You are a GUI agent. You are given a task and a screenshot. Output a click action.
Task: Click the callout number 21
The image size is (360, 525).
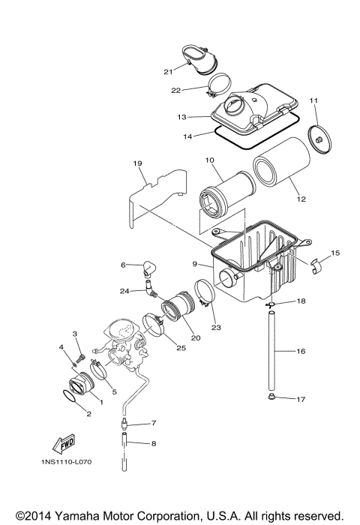(x=169, y=71)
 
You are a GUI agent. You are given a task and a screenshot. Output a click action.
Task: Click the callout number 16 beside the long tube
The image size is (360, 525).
(x=300, y=350)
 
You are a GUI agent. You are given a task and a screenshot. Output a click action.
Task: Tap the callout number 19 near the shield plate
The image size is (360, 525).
(x=137, y=163)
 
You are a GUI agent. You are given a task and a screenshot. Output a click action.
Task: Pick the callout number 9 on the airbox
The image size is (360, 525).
(x=194, y=263)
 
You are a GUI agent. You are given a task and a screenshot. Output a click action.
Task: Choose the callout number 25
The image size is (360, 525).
(x=181, y=348)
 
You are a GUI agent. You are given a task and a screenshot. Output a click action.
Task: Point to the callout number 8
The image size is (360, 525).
(x=154, y=444)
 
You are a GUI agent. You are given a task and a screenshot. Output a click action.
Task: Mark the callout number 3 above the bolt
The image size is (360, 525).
(x=75, y=333)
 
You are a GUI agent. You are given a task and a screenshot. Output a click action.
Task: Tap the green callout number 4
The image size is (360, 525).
(x=62, y=347)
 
